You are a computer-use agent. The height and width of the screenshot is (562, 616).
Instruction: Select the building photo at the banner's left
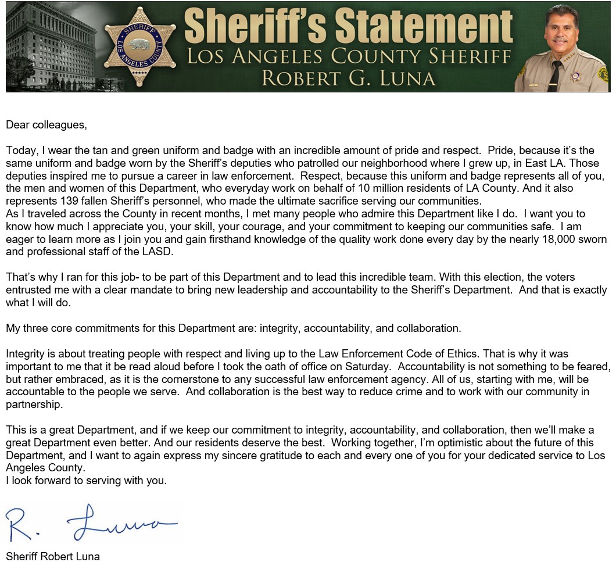point(52,46)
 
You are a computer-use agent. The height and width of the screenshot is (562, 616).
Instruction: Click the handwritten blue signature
point(93,523)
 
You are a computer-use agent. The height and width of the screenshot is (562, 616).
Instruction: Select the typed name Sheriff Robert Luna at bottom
point(53,556)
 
